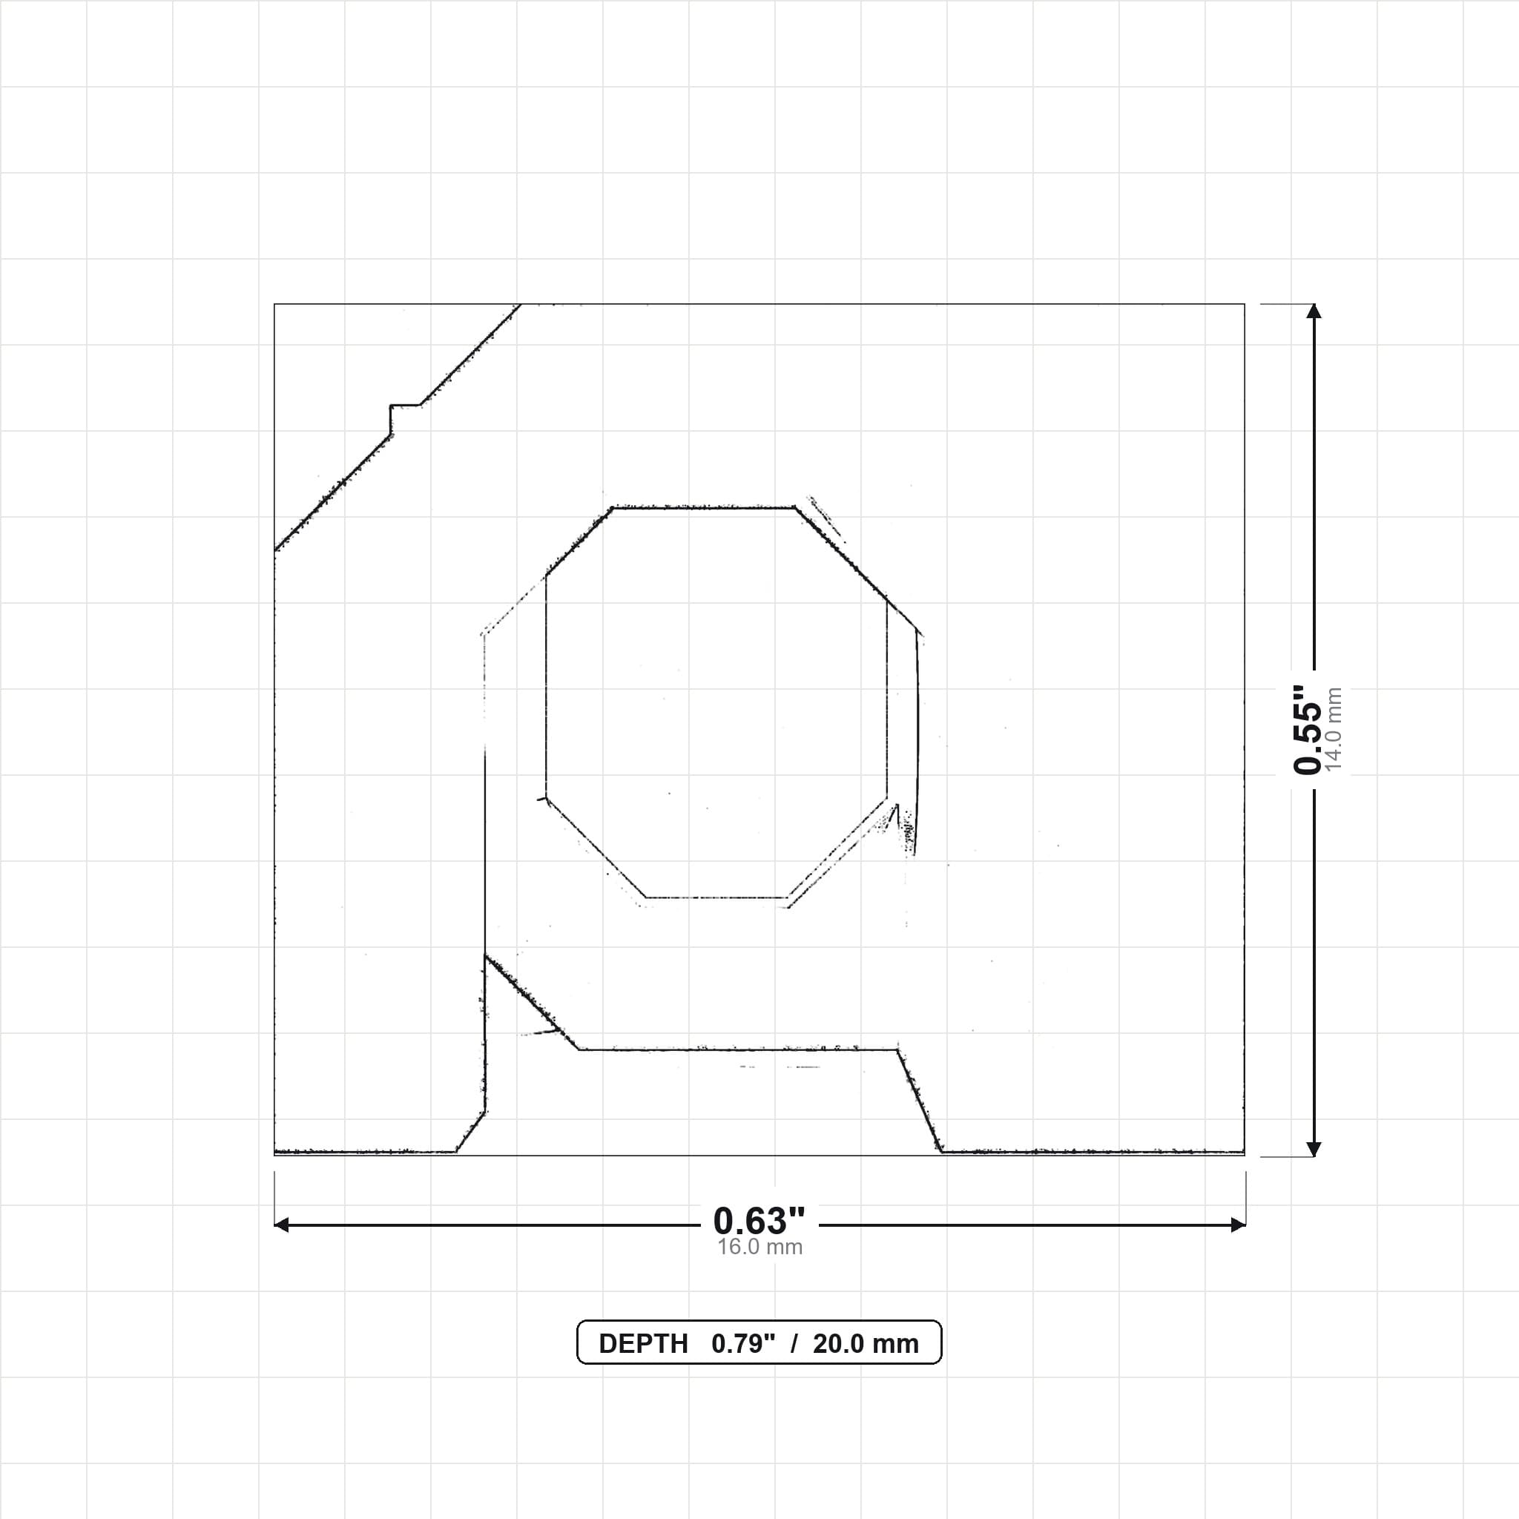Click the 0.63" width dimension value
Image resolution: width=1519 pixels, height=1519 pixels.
click(x=759, y=1220)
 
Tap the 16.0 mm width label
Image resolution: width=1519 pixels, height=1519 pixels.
click(x=759, y=1247)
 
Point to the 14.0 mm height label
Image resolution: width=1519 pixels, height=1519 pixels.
click(x=1334, y=730)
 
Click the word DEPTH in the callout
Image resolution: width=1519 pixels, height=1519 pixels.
click(x=643, y=1344)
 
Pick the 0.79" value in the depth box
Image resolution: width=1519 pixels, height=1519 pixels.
click(x=743, y=1343)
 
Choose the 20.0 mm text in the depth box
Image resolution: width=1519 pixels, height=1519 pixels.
click(x=866, y=1344)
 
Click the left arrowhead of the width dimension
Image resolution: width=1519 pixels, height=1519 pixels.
click(x=280, y=1224)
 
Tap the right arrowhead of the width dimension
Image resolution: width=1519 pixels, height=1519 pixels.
click(x=1239, y=1224)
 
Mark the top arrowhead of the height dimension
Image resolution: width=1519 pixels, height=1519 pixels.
click(x=1314, y=312)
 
